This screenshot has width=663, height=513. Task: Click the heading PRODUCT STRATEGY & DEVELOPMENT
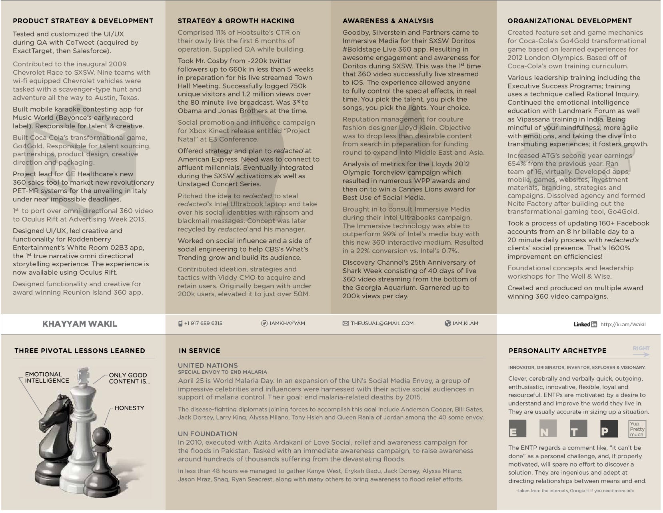pyautogui.click(x=83, y=21)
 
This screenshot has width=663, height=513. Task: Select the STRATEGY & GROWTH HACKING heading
pyautogui.click(x=236, y=21)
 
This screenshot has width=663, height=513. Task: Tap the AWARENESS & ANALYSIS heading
pyautogui.click(x=388, y=21)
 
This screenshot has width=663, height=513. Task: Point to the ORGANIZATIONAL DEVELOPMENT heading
pyautogui.click(x=569, y=21)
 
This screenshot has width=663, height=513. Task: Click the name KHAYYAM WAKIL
pyautogui.click(x=80, y=324)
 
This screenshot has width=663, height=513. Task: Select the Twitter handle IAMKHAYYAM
pyautogui.click(x=287, y=323)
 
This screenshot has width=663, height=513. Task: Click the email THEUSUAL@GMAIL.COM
pyautogui.click(x=381, y=323)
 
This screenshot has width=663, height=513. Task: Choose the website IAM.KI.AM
pyautogui.click(x=465, y=323)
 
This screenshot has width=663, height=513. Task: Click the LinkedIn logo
pyautogui.click(x=585, y=324)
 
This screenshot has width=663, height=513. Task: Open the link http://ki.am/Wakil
pyautogui.click(x=623, y=324)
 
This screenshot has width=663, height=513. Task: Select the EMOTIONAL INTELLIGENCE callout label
pyautogui.click(x=47, y=377)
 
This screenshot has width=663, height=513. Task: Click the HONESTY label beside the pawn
pyautogui.click(x=129, y=408)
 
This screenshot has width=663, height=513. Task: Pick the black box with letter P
pyautogui.click(x=609, y=429)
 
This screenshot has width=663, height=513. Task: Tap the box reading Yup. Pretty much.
pyautogui.click(x=637, y=429)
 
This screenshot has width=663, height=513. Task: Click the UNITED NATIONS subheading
pyautogui.click(x=208, y=365)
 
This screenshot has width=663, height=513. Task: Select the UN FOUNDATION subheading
pyautogui.click(x=208, y=434)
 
